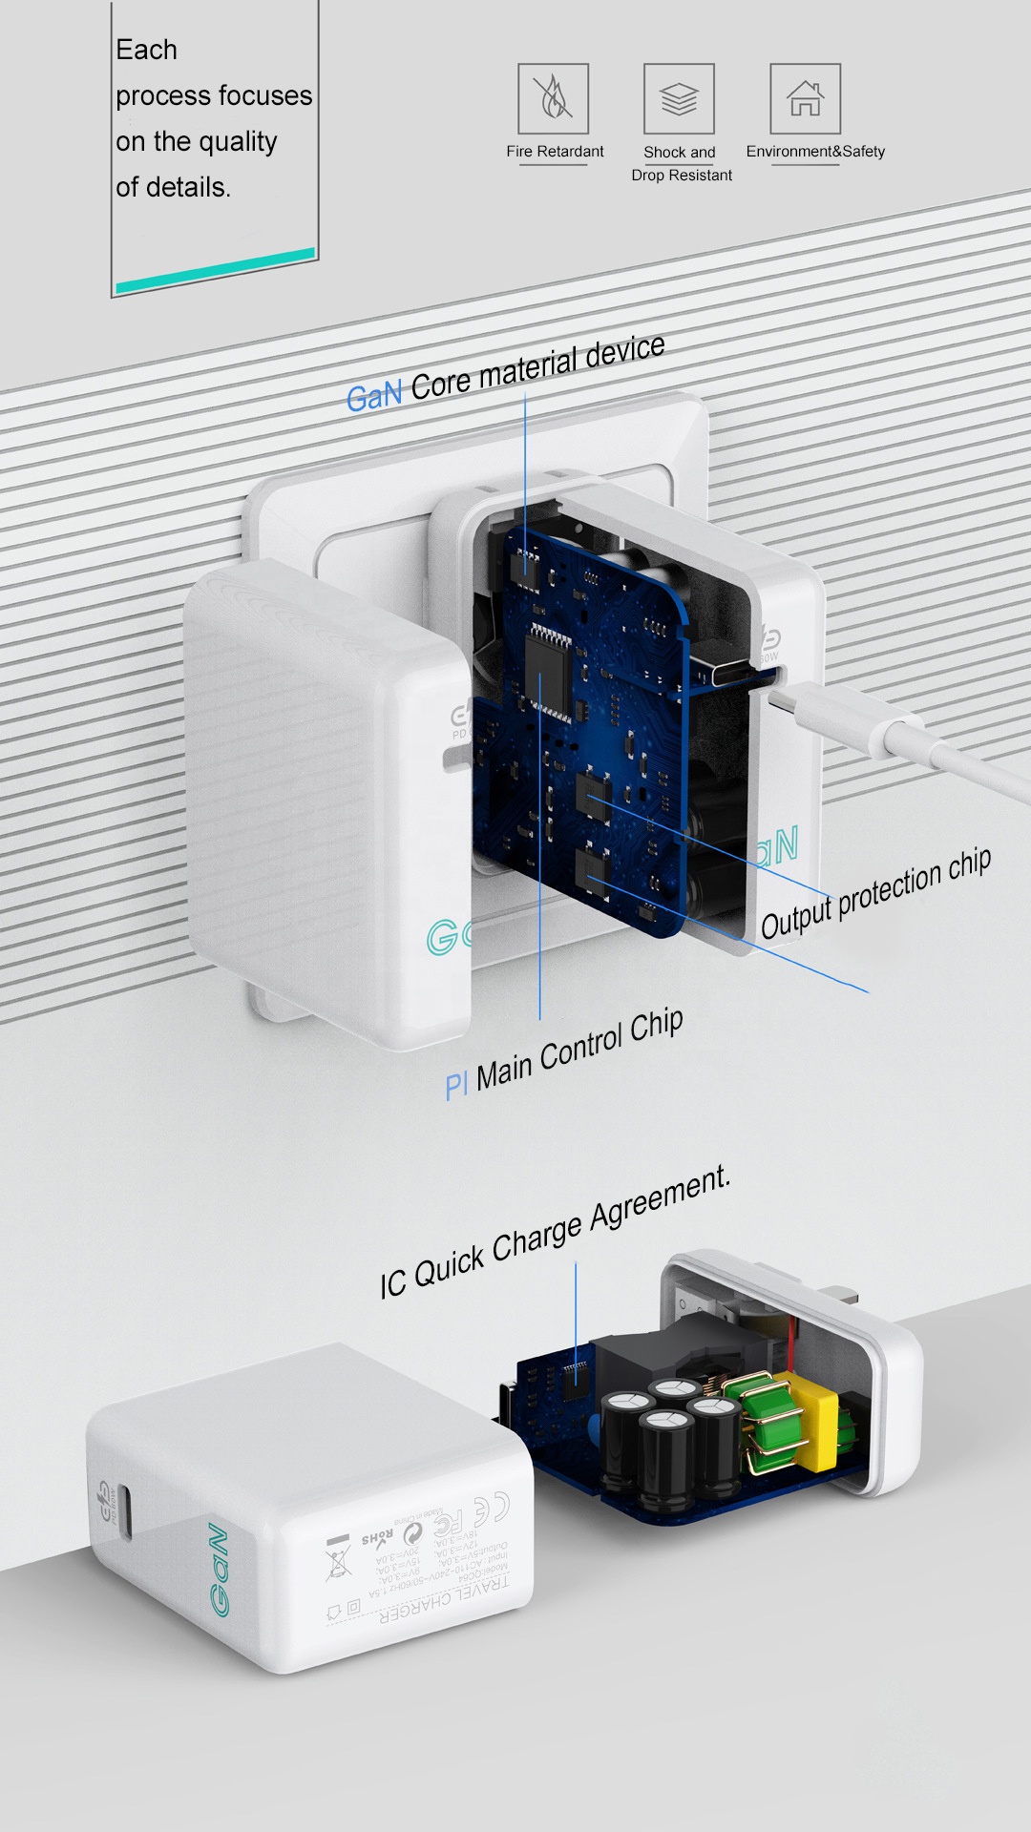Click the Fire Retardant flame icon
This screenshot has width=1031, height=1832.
click(553, 98)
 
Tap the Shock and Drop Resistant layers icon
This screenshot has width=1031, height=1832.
click(679, 98)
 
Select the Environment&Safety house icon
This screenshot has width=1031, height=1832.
click(805, 98)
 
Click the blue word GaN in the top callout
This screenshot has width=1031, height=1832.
click(373, 395)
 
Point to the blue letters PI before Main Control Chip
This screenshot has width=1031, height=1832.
click(456, 1085)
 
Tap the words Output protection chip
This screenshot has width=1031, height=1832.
click(875, 893)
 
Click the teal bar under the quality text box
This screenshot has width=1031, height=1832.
click(215, 270)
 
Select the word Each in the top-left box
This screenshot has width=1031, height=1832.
click(146, 50)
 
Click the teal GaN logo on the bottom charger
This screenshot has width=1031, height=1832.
click(219, 1570)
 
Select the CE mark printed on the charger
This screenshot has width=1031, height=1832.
click(492, 1508)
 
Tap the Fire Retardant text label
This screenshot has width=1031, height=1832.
click(555, 151)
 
